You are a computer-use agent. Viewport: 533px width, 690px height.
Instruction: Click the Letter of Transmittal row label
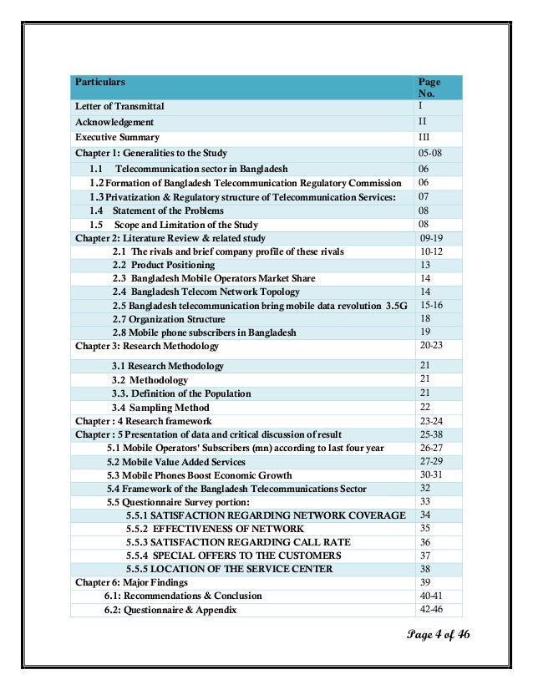tap(119, 107)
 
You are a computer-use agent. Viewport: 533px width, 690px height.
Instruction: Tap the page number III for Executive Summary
tap(424, 137)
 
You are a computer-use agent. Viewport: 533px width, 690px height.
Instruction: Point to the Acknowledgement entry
tap(114, 122)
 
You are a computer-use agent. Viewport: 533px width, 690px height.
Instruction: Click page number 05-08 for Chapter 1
tap(432, 153)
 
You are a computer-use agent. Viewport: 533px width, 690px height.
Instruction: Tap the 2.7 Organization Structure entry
tap(168, 319)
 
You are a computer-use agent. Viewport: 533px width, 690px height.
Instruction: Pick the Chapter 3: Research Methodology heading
tap(146, 346)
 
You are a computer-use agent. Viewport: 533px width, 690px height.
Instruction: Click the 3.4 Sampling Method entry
tap(160, 407)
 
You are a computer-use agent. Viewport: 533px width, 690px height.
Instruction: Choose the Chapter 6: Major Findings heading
tap(131, 582)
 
